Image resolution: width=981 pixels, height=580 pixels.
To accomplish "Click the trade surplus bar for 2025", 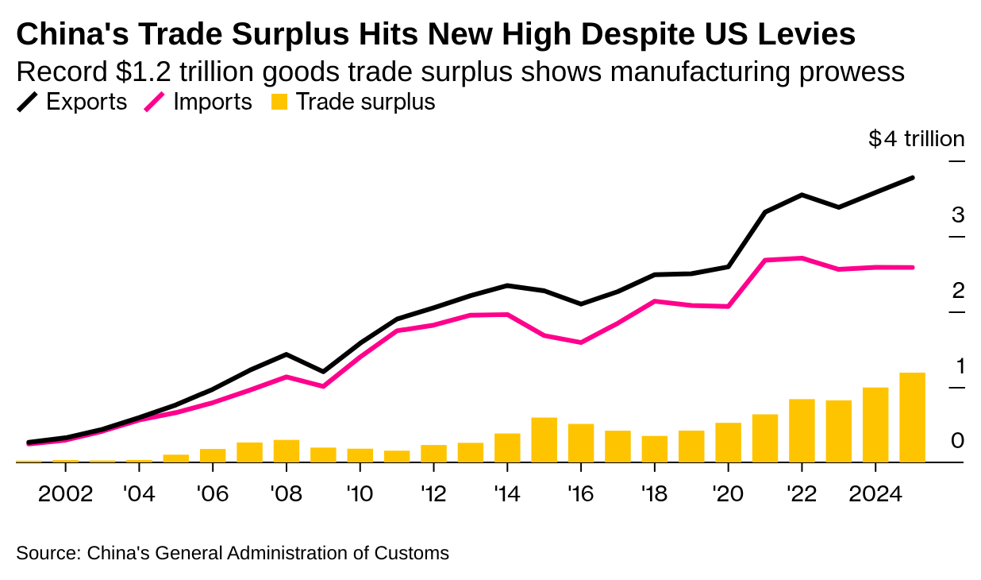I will click(x=912, y=417).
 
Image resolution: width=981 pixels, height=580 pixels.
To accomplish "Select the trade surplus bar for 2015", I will click(x=544, y=439).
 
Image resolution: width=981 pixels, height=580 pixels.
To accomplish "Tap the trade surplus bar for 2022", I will click(x=802, y=431).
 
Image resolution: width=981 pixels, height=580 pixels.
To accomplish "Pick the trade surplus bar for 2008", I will click(x=287, y=450).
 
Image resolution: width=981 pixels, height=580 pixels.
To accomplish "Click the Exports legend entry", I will click(x=72, y=102).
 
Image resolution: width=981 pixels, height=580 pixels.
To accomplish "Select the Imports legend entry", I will click(x=198, y=102).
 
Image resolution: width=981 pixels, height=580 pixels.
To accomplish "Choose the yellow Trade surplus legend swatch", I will click(x=279, y=102).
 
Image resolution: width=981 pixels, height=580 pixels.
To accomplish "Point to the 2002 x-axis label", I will click(x=66, y=493).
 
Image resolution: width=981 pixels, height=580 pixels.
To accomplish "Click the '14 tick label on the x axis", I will click(x=506, y=493).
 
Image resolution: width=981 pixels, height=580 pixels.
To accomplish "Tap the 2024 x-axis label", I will click(x=875, y=493).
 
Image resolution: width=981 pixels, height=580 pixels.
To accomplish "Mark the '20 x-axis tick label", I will click(x=728, y=493).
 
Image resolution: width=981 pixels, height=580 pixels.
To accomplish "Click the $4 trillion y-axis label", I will click(x=917, y=139).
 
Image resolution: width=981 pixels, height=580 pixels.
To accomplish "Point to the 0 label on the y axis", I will click(x=958, y=440).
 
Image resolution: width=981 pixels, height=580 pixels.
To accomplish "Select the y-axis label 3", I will click(x=958, y=215).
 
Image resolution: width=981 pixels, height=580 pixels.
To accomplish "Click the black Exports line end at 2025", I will click(x=912, y=178).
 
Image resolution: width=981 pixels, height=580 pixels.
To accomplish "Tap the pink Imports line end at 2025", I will click(x=912, y=267).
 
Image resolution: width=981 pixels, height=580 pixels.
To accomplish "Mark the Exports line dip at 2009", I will click(x=323, y=371).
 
